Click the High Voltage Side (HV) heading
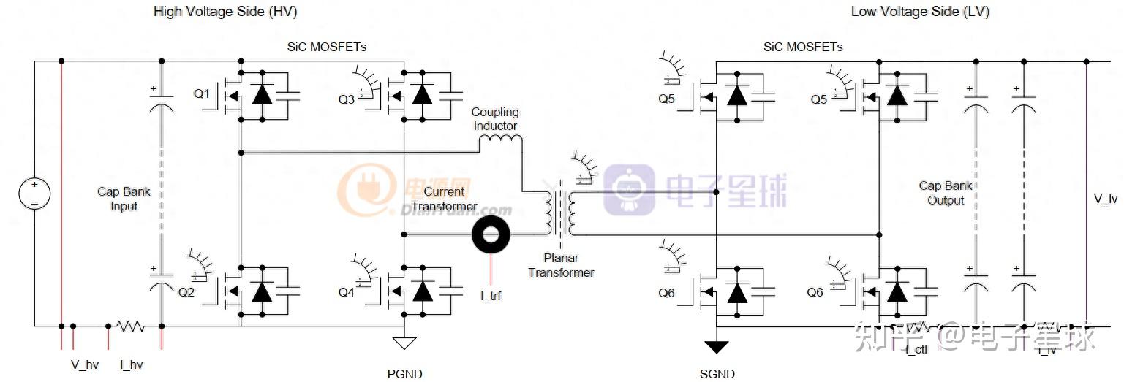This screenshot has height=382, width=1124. click(225, 12)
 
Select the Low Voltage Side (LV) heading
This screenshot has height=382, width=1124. click(920, 12)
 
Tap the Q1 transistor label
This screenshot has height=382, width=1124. click(201, 94)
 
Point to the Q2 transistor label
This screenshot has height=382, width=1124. click(186, 292)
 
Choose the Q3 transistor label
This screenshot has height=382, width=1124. click(346, 99)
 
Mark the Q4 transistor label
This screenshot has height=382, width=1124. click(346, 292)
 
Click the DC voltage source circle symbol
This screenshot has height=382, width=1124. click(34, 193)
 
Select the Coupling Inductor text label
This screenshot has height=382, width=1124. click(494, 119)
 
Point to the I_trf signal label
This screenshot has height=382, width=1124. click(491, 296)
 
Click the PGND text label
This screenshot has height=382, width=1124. click(404, 374)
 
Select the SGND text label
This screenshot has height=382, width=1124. click(717, 374)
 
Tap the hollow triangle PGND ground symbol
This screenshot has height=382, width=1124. click(404, 343)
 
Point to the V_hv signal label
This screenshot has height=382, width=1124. click(84, 364)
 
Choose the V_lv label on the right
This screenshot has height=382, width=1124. click(1105, 199)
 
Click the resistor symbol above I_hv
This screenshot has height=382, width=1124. click(132, 326)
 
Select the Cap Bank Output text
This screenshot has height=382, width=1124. click(946, 193)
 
